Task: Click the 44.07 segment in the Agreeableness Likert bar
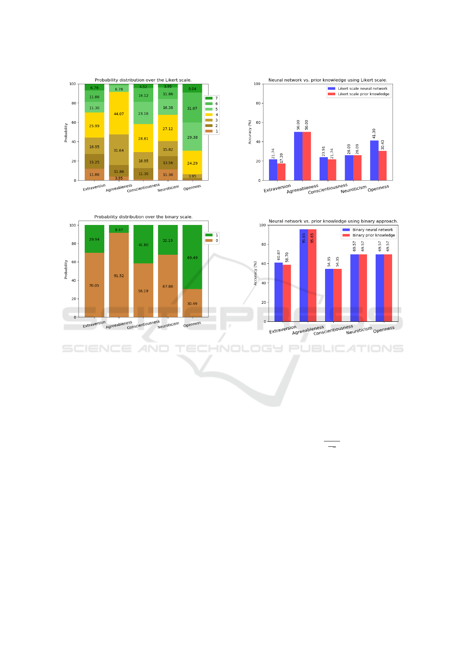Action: pyautogui.click(x=119, y=114)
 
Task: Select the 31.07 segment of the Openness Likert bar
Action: pyautogui.click(x=192, y=108)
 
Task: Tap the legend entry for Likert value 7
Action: pyautogui.click(x=212, y=98)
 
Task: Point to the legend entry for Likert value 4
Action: pyautogui.click(x=212, y=115)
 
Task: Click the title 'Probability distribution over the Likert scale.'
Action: pyautogui.click(x=143, y=80)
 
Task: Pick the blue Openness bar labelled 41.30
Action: pyautogui.click(x=374, y=160)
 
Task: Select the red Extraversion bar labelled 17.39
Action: pyautogui.click(x=282, y=172)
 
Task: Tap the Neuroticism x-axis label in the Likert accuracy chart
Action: pyautogui.click(x=354, y=189)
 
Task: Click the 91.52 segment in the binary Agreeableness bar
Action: pyautogui.click(x=119, y=275)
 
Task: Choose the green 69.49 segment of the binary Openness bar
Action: pyautogui.click(x=192, y=257)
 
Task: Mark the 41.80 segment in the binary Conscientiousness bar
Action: pyautogui.click(x=143, y=244)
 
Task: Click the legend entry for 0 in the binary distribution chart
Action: pyautogui.click(x=212, y=241)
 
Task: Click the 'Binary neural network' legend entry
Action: pyautogui.click(x=368, y=230)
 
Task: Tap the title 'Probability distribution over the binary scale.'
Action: pyautogui.click(x=143, y=217)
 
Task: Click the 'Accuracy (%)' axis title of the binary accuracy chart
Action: pyautogui.click(x=255, y=273)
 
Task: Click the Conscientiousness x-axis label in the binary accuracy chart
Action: pyautogui.click(x=333, y=330)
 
